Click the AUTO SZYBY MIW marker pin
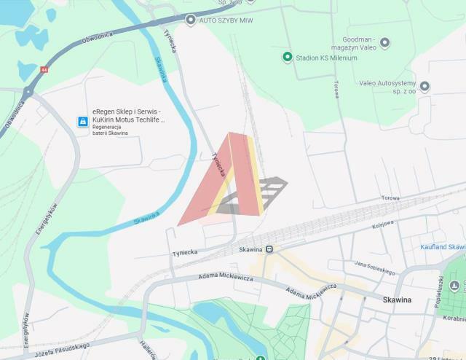pos(191,20)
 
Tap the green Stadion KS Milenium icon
pos(288,57)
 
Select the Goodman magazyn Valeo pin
pos(385,43)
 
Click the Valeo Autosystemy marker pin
pos(424,87)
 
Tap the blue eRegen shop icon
pos(83,122)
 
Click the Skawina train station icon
pos(269,249)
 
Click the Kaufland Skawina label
pos(443,247)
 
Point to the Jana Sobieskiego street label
pos(374,267)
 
